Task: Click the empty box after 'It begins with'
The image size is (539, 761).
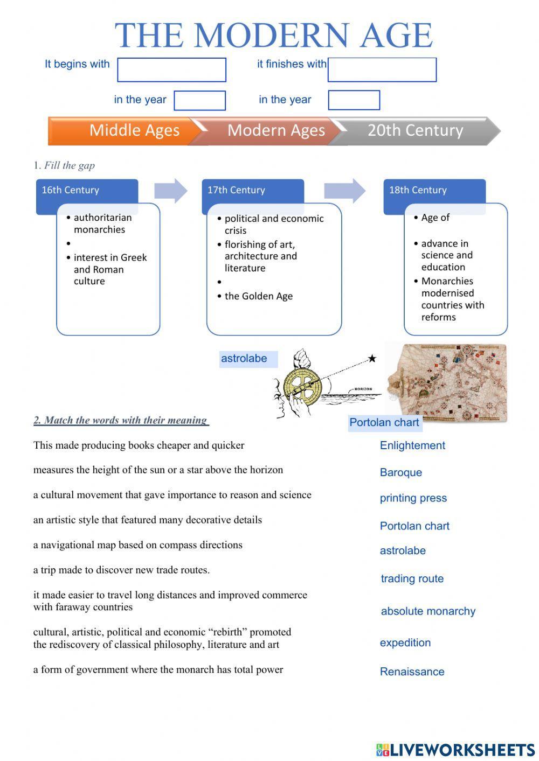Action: pyautogui.click(x=171, y=70)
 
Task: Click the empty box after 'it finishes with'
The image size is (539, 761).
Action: pyautogui.click(x=382, y=70)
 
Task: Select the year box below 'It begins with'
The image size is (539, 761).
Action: pyautogui.click(x=199, y=101)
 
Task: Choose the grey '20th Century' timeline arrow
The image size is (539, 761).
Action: pyautogui.click(x=415, y=131)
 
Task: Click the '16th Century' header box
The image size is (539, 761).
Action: pyautogui.click(x=86, y=191)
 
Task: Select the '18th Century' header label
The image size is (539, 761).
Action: pyautogui.click(x=418, y=190)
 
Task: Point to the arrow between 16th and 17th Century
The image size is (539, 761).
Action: pyautogui.click(x=170, y=191)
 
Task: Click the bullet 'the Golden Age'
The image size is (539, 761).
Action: pyautogui.click(x=258, y=296)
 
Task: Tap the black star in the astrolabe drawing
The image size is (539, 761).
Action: pyautogui.click(x=372, y=359)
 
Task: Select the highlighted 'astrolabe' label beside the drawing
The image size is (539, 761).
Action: pyautogui.click(x=244, y=359)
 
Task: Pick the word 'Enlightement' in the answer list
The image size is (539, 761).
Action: pyautogui.click(x=412, y=445)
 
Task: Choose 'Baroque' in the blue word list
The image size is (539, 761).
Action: pyautogui.click(x=400, y=472)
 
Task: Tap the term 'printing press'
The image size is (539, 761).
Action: pyautogui.click(x=413, y=498)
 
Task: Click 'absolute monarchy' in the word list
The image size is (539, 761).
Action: pyautogui.click(x=428, y=611)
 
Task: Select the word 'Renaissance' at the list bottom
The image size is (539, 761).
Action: pyautogui.click(x=412, y=672)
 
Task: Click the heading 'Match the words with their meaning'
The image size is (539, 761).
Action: pyautogui.click(x=121, y=420)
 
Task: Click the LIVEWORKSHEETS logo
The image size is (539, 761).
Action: pyautogui.click(x=455, y=750)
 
